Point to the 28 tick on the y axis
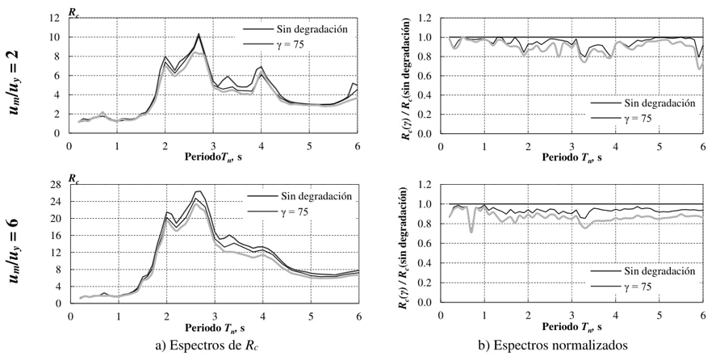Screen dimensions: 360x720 point(57,185)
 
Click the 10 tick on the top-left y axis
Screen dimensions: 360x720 point(57,37)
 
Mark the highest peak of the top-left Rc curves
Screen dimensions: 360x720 point(199,34)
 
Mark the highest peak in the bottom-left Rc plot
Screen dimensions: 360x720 point(198,192)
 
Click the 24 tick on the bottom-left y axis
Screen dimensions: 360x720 point(57,202)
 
